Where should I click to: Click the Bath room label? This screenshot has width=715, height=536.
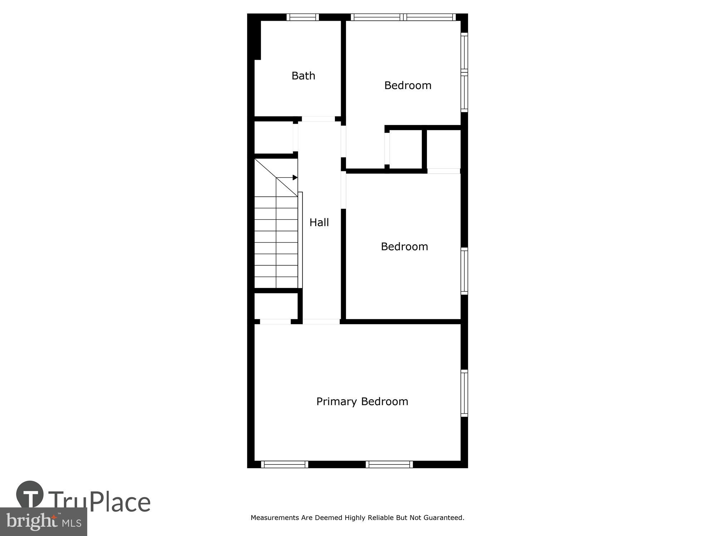[303, 76]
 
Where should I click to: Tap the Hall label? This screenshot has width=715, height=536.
[319, 222]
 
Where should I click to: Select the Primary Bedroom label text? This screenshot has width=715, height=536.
[362, 401]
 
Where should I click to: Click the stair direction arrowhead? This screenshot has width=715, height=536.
[295, 178]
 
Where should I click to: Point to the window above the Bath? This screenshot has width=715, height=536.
[302, 17]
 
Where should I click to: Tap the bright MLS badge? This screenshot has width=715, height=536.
[44, 521]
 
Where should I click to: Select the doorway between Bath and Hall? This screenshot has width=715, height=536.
[318, 119]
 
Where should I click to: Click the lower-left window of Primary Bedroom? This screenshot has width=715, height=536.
[284, 464]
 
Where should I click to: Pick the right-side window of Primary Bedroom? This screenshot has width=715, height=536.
[464, 393]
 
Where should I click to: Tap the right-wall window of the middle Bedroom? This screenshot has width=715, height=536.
[464, 271]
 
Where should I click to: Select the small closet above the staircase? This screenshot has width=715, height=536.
[273, 138]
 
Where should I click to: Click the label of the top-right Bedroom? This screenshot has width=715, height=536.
[408, 85]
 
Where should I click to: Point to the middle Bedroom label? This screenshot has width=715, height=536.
[404, 247]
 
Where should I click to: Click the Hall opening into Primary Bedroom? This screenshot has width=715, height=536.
[321, 322]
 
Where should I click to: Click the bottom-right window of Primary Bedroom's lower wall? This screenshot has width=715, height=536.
[389, 464]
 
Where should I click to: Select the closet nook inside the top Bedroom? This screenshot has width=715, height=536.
[405, 149]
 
